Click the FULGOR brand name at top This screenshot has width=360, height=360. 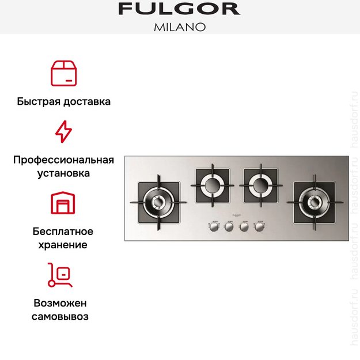179,9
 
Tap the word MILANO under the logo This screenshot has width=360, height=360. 179,26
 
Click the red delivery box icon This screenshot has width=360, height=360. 63,73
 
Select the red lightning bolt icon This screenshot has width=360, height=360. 63,131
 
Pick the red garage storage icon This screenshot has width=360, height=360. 63,203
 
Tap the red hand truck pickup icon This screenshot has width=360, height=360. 60,275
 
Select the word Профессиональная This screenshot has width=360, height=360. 63,160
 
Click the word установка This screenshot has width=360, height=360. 63,173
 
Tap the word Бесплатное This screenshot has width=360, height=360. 63,232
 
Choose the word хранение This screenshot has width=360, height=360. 63,245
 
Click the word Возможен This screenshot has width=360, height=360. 63,303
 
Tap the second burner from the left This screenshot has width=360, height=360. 212,185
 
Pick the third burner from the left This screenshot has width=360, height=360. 260,185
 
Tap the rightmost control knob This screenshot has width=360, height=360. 259,227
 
